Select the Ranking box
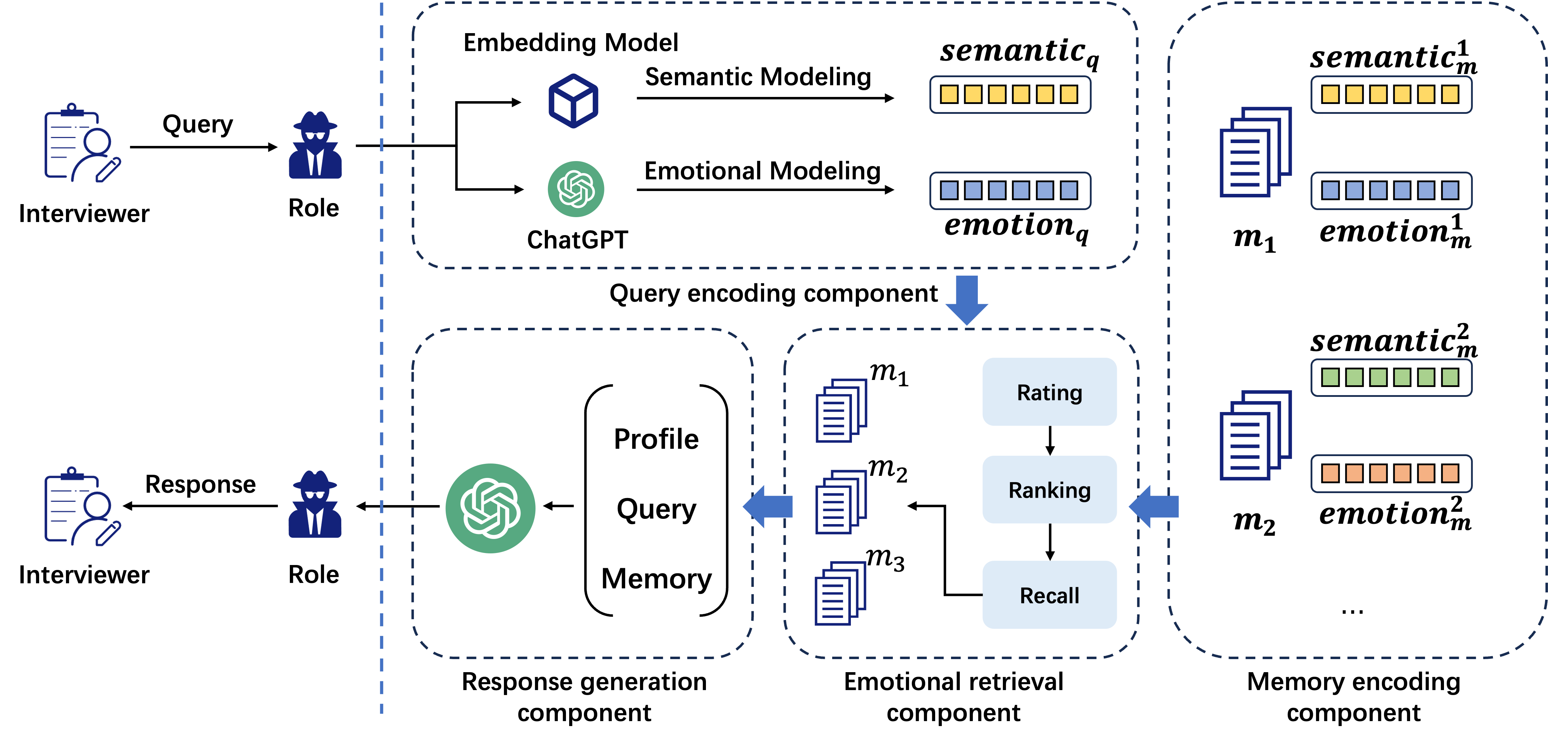coord(1049,490)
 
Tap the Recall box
coord(1049,595)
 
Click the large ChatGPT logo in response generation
coord(490,508)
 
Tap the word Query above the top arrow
coord(198,124)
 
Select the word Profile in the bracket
coord(656,439)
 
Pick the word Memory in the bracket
coord(656,578)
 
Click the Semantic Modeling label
coord(758,77)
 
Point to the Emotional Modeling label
coord(762,171)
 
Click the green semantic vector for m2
coord(1391,377)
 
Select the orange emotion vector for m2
coord(1391,473)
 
